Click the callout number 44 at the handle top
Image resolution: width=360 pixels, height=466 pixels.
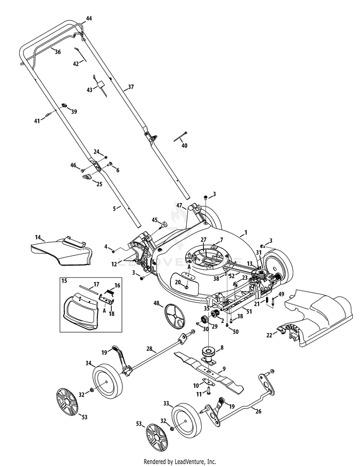89,18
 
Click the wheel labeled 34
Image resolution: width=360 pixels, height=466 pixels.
108,382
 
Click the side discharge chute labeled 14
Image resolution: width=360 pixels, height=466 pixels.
61,251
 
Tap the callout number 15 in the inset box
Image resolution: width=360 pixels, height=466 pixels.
64,281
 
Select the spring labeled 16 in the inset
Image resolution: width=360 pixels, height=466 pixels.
110,293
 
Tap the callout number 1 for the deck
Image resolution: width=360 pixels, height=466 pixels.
246,232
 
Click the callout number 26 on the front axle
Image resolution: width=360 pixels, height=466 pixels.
258,412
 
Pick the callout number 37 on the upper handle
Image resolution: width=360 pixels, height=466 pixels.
131,87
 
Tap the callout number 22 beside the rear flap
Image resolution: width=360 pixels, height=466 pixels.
269,335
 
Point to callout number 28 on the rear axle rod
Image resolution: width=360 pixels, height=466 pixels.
149,348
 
